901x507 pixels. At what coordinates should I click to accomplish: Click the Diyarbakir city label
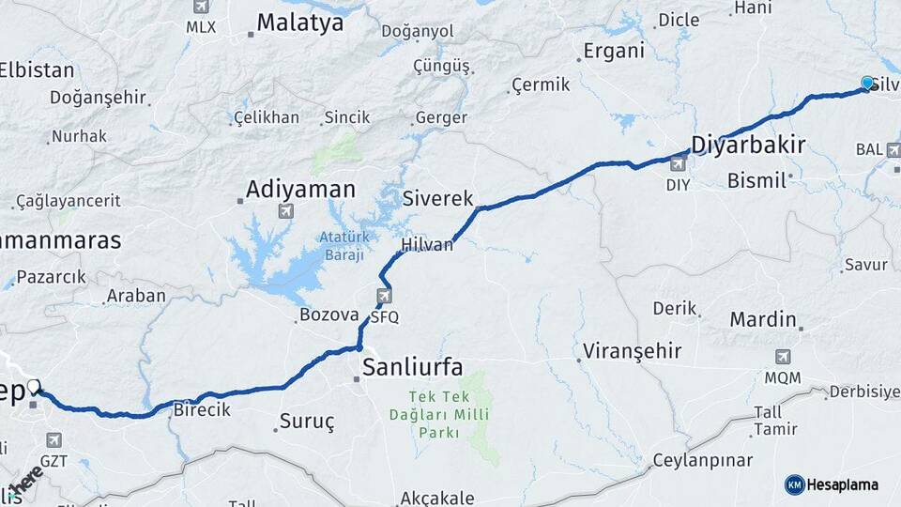click(x=748, y=145)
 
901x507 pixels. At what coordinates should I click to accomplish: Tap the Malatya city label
click(x=300, y=23)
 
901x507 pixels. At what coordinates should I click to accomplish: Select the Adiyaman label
click(x=300, y=190)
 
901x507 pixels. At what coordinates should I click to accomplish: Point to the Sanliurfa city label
click(x=412, y=366)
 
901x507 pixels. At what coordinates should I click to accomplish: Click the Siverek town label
click(x=438, y=198)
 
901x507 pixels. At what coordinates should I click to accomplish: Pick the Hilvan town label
click(x=427, y=245)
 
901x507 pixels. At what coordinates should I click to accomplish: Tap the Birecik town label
click(x=202, y=410)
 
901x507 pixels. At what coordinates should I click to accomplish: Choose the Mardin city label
click(x=763, y=319)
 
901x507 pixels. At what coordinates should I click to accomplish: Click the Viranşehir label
click(x=631, y=352)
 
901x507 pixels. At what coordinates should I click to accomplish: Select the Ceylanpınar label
click(x=703, y=460)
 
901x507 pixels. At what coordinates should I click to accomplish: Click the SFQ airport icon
click(x=384, y=298)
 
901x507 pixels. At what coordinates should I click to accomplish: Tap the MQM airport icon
click(x=783, y=358)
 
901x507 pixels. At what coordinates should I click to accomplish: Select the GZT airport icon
click(x=53, y=439)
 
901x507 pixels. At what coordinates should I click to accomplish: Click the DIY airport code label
click(x=679, y=185)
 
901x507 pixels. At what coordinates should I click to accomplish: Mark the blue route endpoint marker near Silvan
click(x=867, y=83)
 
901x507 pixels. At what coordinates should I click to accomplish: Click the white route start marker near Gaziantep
click(x=34, y=386)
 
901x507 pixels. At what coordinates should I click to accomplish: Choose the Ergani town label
click(x=614, y=52)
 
